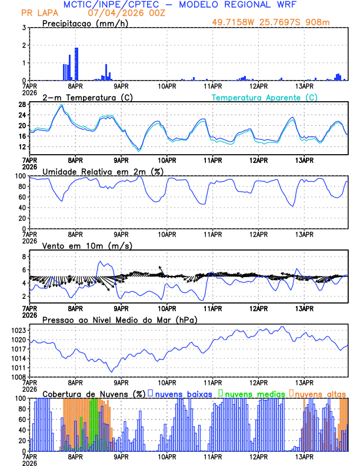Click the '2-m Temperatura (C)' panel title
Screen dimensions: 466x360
pos(88,97)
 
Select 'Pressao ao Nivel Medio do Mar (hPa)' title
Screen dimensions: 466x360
pos(119,319)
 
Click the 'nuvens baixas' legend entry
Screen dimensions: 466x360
pos(184,394)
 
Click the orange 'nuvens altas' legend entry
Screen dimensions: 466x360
pos(321,394)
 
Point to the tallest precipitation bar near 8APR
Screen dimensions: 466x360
pos(76,64)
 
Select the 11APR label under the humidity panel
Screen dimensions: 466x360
pos(213,234)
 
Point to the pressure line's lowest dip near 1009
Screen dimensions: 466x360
pos(111,371)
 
